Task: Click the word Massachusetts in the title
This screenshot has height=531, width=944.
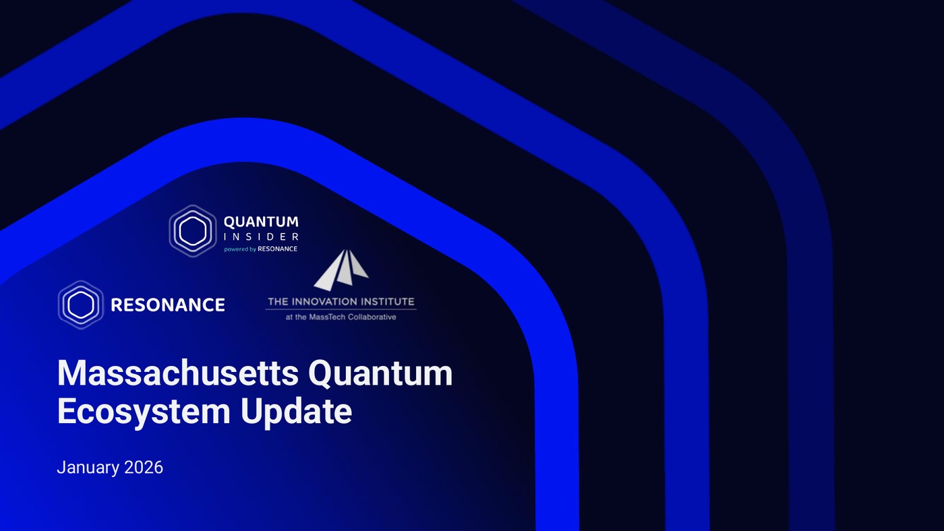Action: (178, 373)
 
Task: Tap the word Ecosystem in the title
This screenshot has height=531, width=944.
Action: (144, 412)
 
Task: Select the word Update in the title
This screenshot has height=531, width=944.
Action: (296, 412)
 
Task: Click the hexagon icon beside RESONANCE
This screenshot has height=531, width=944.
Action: (80, 305)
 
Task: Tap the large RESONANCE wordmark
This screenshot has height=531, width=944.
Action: (168, 305)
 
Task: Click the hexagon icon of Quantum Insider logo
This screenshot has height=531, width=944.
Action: (193, 230)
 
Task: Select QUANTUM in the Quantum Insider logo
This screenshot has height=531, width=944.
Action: (262, 222)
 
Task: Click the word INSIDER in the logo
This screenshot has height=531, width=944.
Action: (262, 237)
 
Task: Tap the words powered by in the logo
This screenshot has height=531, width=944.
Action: (240, 249)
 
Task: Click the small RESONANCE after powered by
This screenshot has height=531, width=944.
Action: (278, 249)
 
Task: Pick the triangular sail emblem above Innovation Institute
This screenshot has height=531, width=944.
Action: (341, 270)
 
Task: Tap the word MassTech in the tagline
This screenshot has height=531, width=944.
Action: (325, 317)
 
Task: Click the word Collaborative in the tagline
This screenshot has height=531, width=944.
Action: (370, 317)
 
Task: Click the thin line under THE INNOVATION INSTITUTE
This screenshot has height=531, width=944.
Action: (341, 309)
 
